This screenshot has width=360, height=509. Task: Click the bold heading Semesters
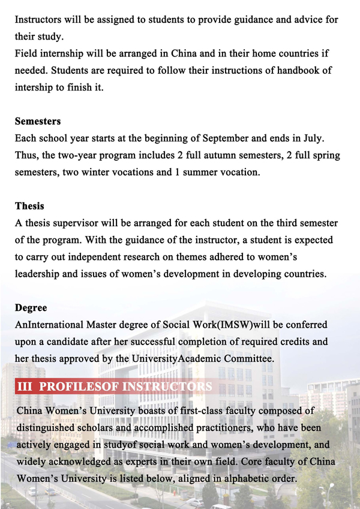click(38, 121)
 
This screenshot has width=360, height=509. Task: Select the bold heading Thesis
click(29, 206)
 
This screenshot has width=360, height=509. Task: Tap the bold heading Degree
click(31, 308)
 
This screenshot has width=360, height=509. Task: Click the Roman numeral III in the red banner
click(25, 387)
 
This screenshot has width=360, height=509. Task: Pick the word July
click(311, 138)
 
